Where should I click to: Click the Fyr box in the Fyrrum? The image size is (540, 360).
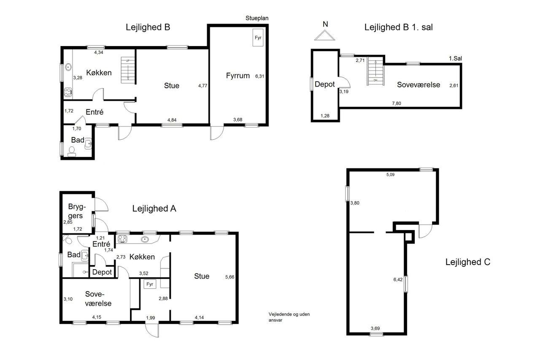click(x=258, y=38)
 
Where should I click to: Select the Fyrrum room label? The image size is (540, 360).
click(x=238, y=76)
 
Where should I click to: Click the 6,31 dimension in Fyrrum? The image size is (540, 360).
click(x=259, y=76)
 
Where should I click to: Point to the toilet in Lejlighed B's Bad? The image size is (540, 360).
click(x=72, y=152)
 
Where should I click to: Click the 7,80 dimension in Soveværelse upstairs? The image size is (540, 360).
click(x=397, y=103)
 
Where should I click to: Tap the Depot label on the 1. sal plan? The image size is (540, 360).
click(x=325, y=84)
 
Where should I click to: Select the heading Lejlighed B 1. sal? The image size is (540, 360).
click(x=399, y=27)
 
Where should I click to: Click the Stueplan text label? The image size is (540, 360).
click(x=257, y=18)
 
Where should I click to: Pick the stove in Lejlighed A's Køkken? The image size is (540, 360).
click(x=122, y=239)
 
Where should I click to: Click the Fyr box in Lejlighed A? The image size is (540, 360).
click(x=150, y=284)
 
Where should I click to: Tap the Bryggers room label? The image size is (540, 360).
click(x=77, y=211)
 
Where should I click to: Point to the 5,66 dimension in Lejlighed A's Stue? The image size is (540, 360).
click(x=230, y=277)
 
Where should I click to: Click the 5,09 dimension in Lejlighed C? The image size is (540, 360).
click(x=390, y=175)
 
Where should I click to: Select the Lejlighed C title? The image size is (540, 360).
click(x=468, y=262)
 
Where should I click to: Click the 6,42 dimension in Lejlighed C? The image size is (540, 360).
click(x=398, y=280)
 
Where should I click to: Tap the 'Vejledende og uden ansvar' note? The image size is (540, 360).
click(x=289, y=317)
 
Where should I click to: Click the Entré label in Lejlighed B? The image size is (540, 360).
click(x=94, y=112)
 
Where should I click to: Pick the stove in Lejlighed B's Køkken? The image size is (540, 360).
click(x=68, y=92)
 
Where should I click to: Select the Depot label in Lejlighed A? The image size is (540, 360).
click(x=102, y=272)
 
